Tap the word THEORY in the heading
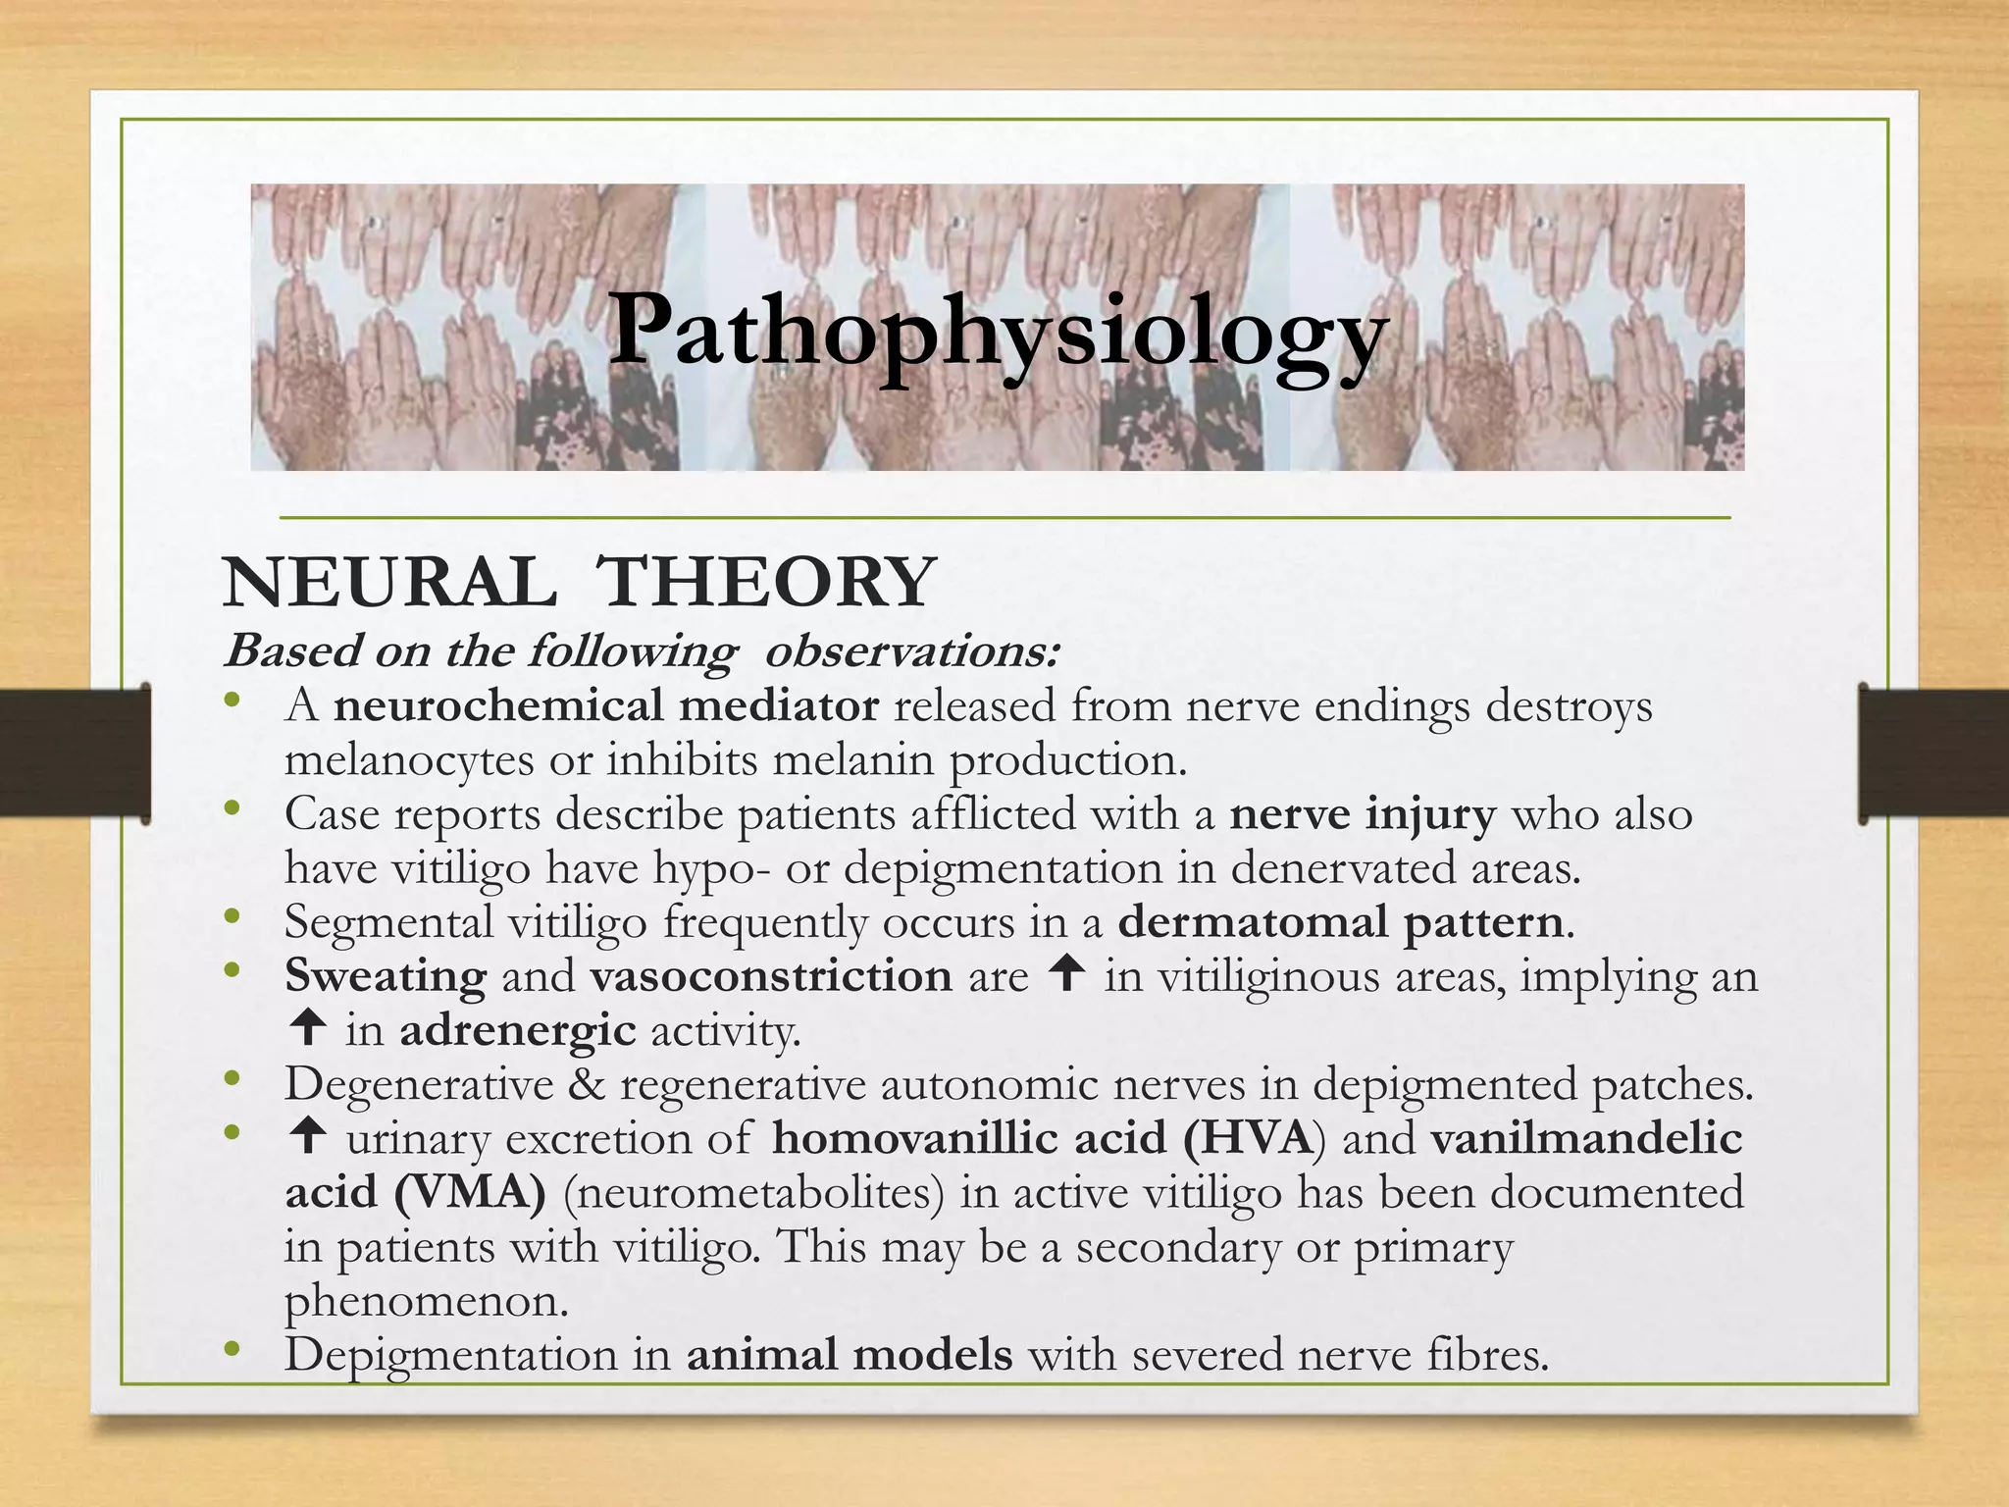click(766, 583)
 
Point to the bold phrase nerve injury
click(1363, 814)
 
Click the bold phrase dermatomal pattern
click(1340, 922)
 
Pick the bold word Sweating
click(386, 977)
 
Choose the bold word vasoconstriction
click(771, 976)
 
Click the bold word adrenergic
click(518, 1031)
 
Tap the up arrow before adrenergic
click(308, 1028)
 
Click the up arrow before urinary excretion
click(308, 1137)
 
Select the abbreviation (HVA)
click(1254, 1138)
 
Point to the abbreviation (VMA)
click(470, 1193)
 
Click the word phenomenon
click(427, 1303)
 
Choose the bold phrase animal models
click(850, 1355)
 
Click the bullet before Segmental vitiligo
click(232, 918)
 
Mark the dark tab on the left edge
click(75, 753)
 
